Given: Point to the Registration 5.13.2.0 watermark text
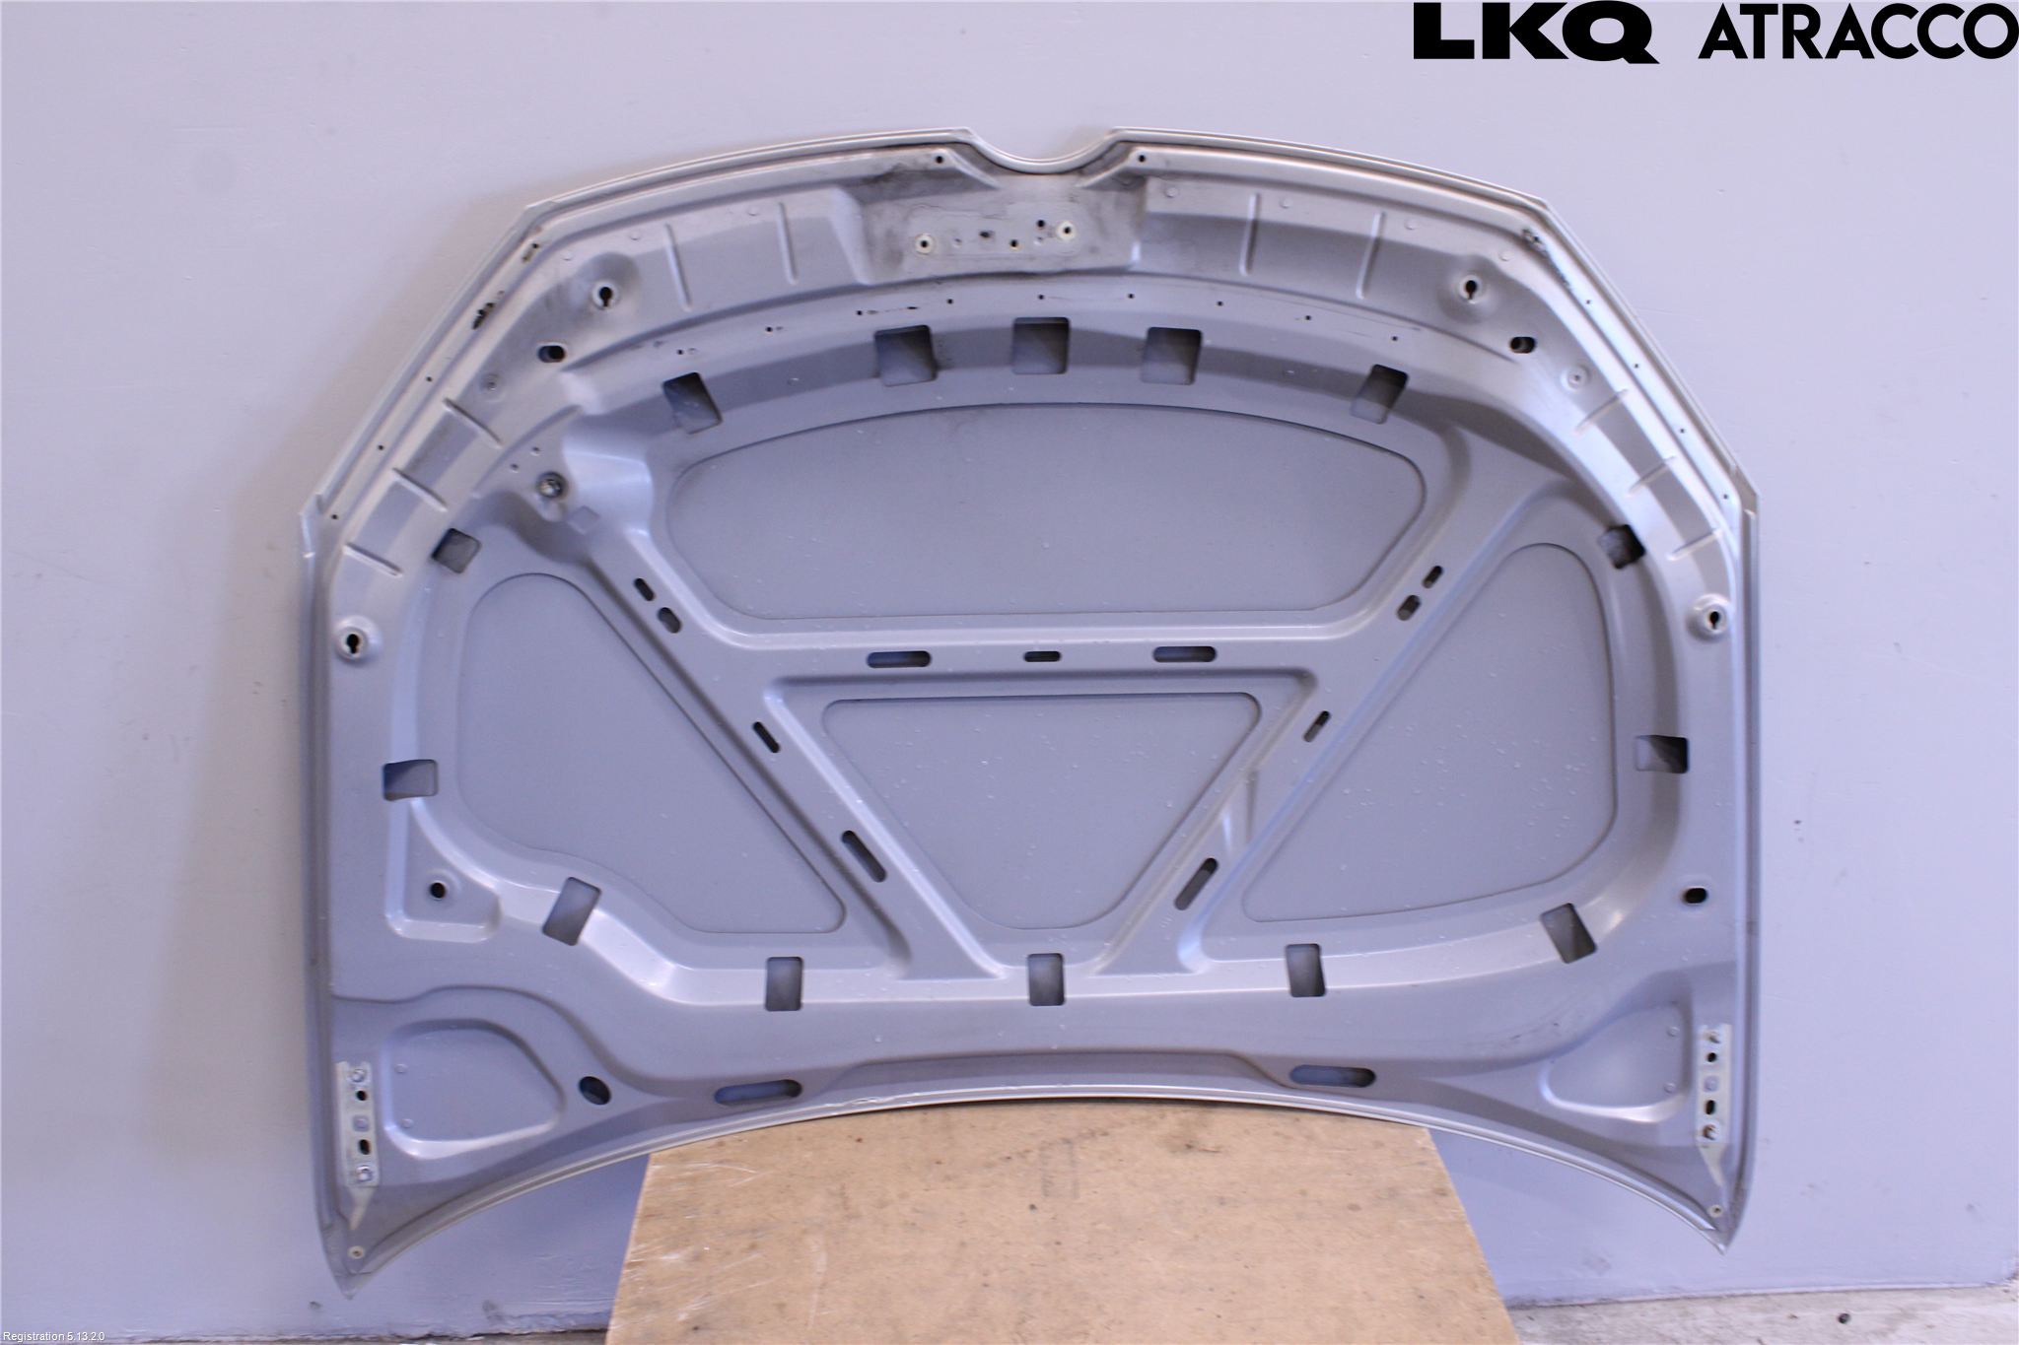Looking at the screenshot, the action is pyautogui.click(x=61, y=1336).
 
